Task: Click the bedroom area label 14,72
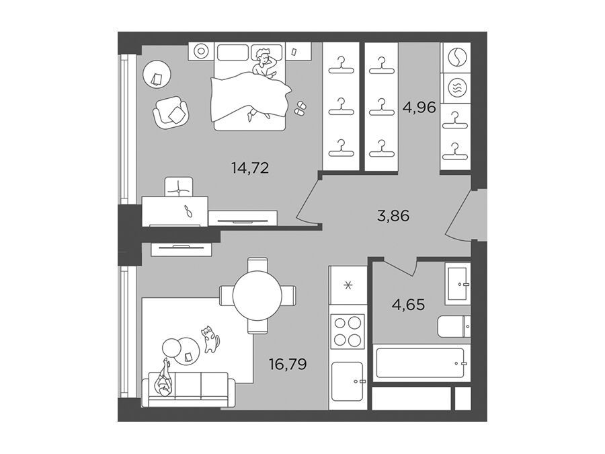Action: pos(249,168)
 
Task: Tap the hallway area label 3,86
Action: pos(393,215)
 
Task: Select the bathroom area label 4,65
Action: pos(408,305)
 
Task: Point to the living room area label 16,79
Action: pos(288,364)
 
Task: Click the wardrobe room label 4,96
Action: pos(419,107)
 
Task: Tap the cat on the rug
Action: pos(210,339)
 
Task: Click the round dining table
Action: pos(257,295)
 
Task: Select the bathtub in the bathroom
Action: pos(419,363)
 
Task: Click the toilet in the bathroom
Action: pos(454,326)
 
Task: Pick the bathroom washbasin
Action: pos(458,284)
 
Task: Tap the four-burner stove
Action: pos(348,330)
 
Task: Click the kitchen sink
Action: pos(348,381)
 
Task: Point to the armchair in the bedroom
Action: pos(171,112)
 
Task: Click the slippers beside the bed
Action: pos(300,108)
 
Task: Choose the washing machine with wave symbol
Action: pos(456,88)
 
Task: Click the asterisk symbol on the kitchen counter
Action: pos(348,286)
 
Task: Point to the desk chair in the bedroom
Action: pos(179,187)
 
